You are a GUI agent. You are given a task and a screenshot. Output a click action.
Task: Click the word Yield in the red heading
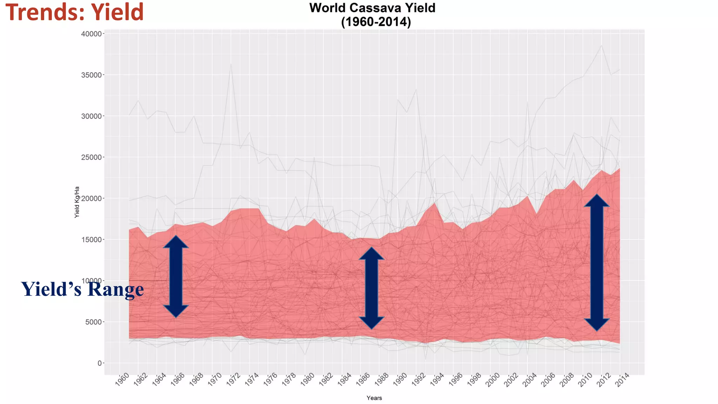(x=117, y=12)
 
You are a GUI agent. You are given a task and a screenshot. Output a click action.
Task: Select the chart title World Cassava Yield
(x=372, y=8)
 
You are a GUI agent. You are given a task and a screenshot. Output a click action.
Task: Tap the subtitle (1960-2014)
(x=376, y=22)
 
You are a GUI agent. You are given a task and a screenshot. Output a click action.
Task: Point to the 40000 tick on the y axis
(x=91, y=34)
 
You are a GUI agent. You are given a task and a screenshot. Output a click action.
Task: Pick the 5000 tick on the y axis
(x=93, y=322)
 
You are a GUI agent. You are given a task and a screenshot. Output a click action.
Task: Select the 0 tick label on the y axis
(x=100, y=363)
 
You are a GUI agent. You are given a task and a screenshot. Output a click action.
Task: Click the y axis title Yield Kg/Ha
(x=77, y=202)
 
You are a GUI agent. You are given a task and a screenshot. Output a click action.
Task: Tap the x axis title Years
(x=374, y=398)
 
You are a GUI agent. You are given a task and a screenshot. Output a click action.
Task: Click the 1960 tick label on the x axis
(x=122, y=380)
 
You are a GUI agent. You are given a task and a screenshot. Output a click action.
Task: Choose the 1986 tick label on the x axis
(x=363, y=380)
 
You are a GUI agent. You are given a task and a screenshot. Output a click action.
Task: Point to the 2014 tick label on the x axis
(x=623, y=380)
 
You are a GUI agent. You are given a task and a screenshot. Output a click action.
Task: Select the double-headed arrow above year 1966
(x=176, y=276)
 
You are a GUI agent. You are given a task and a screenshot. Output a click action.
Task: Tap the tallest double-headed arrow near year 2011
(x=597, y=262)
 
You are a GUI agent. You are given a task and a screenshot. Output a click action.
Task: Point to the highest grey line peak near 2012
(x=602, y=46)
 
